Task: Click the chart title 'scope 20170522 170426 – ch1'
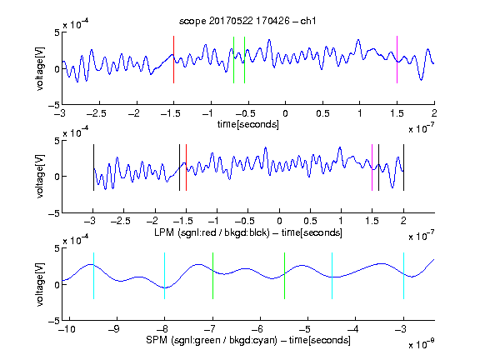click(x=247, y=21)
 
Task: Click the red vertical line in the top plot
click(x=173, y=59)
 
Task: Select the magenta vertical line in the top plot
click(x=397, y=59)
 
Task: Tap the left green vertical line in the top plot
click(x=233, y=60)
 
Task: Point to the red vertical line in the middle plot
click(x=186, y=167)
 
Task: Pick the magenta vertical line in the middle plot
click(x=372, y=167)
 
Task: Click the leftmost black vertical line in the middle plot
click(x=93, y=167)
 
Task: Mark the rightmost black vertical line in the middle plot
click(x=403, y=167)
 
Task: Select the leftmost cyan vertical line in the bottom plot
click(x=93, y=276)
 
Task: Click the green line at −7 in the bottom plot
click(x=212, y=276)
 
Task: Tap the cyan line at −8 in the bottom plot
click(x=164, y=276)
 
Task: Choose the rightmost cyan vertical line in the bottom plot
click(x=403, y=276)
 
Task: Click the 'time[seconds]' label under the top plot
click(x=248, y=124)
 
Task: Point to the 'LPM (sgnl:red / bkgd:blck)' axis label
click(x=212, y=232)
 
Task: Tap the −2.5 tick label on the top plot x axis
click(x=96, y=113)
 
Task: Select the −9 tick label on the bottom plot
click(x=114, y=329)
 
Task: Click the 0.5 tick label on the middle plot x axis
click(x=310, y=221)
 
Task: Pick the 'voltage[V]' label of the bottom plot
click(x=40, y=284)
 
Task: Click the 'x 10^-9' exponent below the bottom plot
click(x=421, y=344)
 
